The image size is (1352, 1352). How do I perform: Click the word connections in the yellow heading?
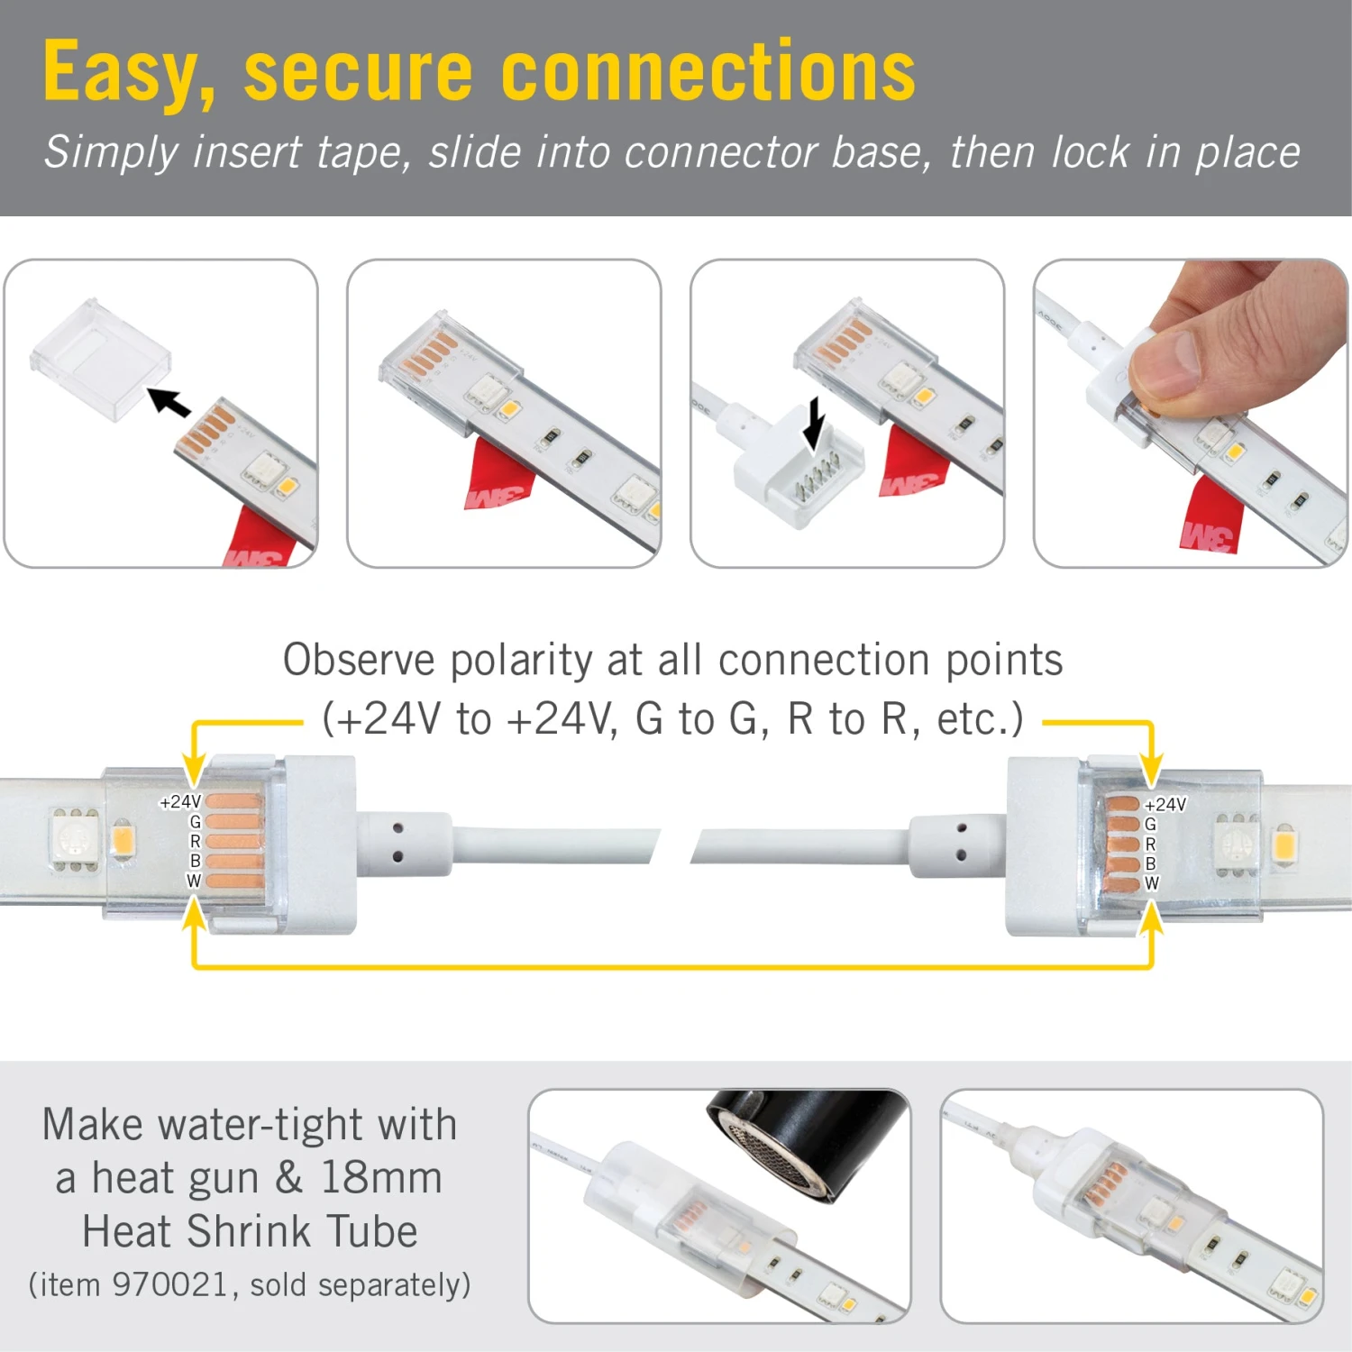coord(708,72)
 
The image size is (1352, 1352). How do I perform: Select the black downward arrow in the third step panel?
coord(814,422)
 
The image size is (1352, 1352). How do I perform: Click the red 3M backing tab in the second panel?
coord(498,475)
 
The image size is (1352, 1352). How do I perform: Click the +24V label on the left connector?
coord(180,801)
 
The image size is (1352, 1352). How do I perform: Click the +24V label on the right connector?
coord(1165,804)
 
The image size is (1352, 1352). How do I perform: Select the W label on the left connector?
coord(194,881)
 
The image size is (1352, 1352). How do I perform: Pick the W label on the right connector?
coord(1151,883)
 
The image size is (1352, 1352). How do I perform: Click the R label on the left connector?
coord(195,841)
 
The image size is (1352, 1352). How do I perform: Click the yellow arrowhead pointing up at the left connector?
coord(194,914)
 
